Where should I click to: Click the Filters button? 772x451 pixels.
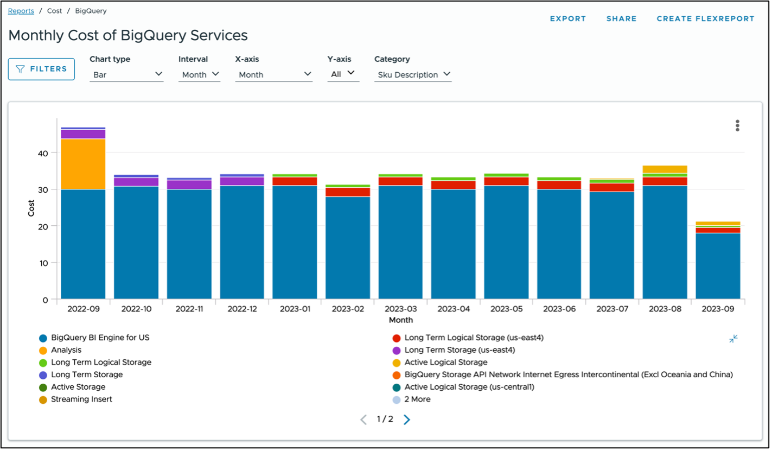click(x=41, y=69)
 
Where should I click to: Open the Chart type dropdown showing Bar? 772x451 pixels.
click(x=127, y=74)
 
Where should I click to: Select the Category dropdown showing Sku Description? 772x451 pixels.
click(x=413, y=74)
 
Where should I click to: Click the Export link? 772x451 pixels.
click(x=568, y=18)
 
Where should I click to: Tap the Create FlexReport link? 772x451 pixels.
click(x=705, y=18)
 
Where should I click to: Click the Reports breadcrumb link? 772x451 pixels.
click(x=21, y=11)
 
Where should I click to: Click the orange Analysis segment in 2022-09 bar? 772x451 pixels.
click(x=83, y=164)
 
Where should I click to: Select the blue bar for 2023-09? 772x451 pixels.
click(x=718, y=266)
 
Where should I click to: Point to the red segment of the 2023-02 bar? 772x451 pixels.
click(x=348, y=192)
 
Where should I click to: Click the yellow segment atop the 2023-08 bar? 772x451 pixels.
click(x=665, y=169)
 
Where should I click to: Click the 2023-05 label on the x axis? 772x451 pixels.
click(x=506, y=309)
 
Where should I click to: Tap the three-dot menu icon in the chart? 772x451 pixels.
click(x=737, y=125)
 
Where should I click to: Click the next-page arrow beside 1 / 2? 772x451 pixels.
click(x=407, y=420)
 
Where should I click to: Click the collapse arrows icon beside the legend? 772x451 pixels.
click(x=733, y=339)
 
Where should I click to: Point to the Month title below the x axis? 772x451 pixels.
click(x=401, y=320)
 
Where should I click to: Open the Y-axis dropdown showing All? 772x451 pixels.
click(x=343, y=74)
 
